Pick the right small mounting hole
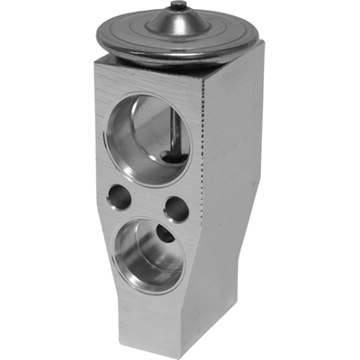(x=176, y=210)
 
